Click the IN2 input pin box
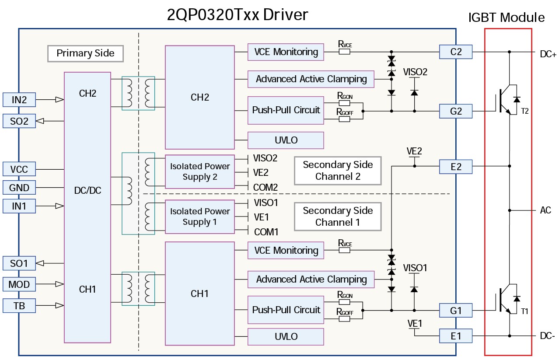click(19, 100)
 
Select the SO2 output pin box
click(19, 121)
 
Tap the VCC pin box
click(19, 169)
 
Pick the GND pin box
click(19, 188)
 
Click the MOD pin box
click(19, 284)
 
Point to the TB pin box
click(19, 306)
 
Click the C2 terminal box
click(456, 52)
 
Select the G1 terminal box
click(456, 311)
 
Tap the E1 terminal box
click(456, 336)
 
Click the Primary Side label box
click(85, 53)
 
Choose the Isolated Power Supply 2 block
click(200, 172)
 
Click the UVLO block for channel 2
click(286, 140)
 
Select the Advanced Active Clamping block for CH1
click(311, 279)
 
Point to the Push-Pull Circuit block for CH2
click(286, 110)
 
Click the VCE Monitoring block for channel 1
click(286, 251)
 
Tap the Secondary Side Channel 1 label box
click(338, 216)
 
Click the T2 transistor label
click(525, 112)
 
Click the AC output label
click(545, 210)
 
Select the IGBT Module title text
click(506, 17)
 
